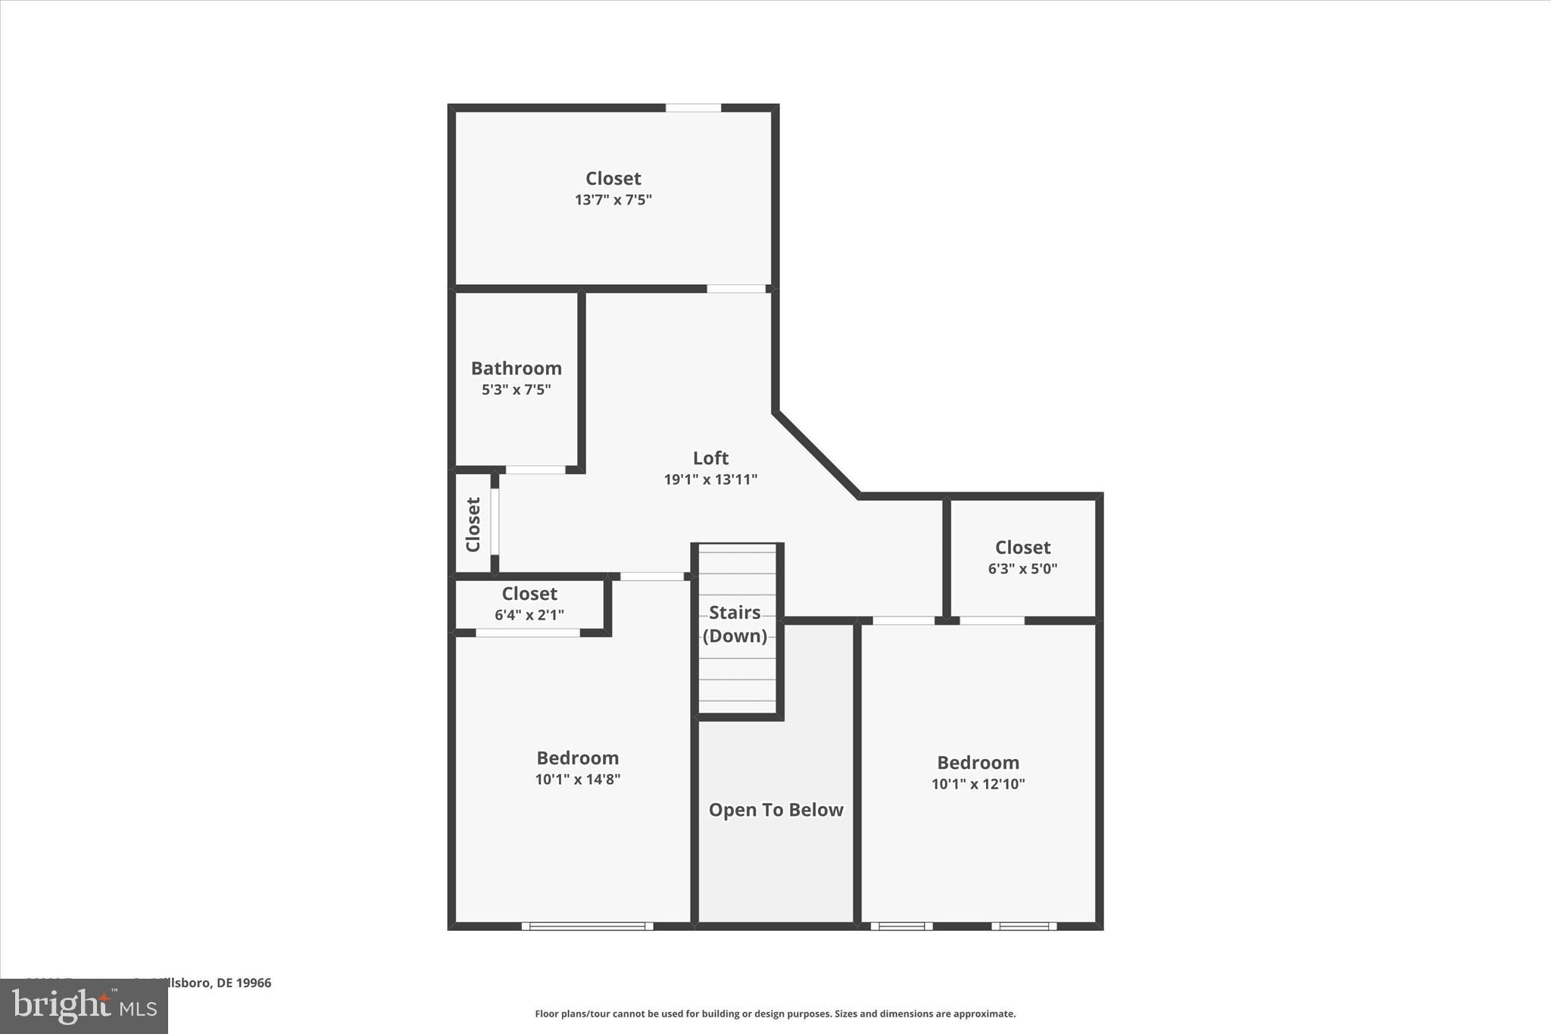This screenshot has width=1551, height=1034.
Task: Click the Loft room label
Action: pos(710,458)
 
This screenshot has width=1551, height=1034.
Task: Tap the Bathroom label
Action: pos(516,368)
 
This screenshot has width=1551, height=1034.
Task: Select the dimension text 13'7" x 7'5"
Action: pos(613,200)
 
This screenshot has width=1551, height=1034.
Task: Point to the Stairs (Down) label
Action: pos(735,623)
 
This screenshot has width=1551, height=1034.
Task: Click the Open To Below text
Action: pos(775,810)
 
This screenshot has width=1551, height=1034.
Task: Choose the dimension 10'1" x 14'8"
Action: pos(578,779)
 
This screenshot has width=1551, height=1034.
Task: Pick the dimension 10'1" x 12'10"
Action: pos(978,784)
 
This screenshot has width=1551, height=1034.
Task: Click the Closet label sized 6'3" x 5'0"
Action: pos(1022,547)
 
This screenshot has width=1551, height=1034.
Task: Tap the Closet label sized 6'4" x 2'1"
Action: pos(529,593)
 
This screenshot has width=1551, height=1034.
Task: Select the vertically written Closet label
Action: pos(473,524)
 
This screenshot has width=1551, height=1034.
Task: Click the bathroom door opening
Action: pos(535,470)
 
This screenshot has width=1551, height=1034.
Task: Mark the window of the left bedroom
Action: pos(587,926)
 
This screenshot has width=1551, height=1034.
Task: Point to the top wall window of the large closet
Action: pos(693,108)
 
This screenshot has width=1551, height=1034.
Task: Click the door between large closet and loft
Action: pos(736,289)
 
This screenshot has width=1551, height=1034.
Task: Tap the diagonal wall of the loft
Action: pos(816,455)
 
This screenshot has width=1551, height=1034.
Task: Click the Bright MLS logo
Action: pos(84,1006)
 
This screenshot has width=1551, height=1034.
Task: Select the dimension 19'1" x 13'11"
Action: pos(710,480)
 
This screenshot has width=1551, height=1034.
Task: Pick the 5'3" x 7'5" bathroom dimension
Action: pos(516,390)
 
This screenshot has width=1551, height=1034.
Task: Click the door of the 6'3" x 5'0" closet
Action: pos(992,620)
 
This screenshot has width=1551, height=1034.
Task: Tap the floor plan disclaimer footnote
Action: pos(775,1014)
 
